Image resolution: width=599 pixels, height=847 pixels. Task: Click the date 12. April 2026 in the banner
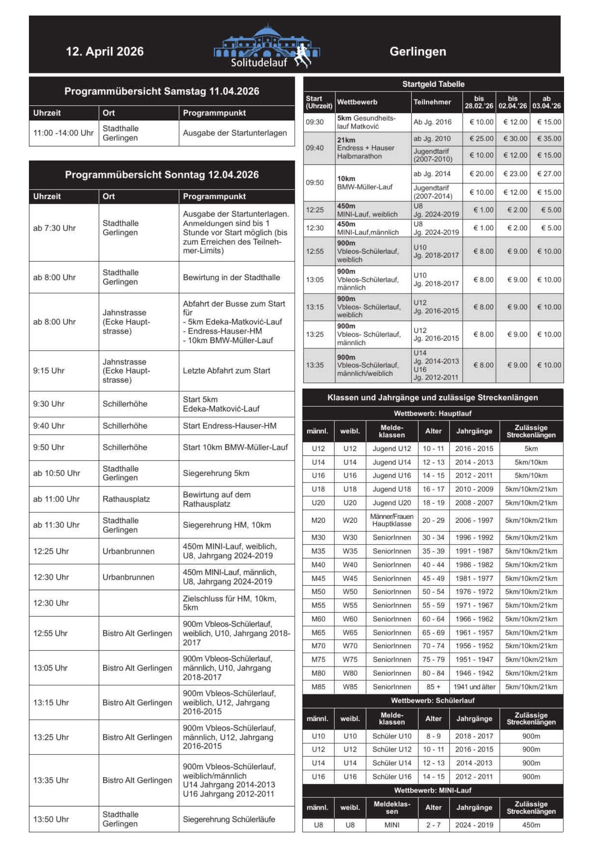(104, 51)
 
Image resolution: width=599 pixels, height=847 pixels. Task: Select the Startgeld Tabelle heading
(433, 84)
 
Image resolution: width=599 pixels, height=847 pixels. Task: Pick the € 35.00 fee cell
(549, 139)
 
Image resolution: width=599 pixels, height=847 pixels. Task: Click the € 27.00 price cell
(549, 174)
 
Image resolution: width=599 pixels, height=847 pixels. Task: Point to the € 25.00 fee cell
(481, 139)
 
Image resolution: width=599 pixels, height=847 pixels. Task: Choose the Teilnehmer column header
(432, 102)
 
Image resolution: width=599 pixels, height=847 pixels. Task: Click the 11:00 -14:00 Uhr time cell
(63, 133)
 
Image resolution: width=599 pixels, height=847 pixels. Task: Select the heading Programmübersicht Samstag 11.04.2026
(162, 91)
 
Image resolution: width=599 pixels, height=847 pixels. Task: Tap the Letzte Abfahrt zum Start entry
(226, 370)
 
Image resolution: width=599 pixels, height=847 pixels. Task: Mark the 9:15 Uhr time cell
(49, 370)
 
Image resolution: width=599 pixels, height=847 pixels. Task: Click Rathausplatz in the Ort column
(126, 499)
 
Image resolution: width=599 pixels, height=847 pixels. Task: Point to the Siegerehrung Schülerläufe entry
(229, 819)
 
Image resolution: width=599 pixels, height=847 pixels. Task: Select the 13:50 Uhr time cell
(51, 819)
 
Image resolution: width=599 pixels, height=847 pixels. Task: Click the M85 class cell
(318, 686)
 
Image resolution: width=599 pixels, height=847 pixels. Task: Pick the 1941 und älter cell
(474, 686)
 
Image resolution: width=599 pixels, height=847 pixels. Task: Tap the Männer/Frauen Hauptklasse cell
(392, 520)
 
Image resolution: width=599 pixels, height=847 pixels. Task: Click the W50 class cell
(350, 591)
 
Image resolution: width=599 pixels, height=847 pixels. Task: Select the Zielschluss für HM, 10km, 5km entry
(229, 603)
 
